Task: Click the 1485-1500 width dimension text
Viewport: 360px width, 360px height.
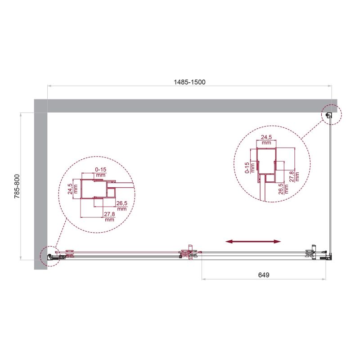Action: [x=190, y=82]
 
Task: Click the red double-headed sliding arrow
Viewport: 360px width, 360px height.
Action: [x=253, y=242]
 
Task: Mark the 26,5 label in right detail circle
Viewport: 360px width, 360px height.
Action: [x=281, y=187]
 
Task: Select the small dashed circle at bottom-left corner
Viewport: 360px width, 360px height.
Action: [x=49, y=256]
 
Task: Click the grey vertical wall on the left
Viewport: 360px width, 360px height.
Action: [x=40, y=189]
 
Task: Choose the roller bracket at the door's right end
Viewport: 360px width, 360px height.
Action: [x=311, y=253]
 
